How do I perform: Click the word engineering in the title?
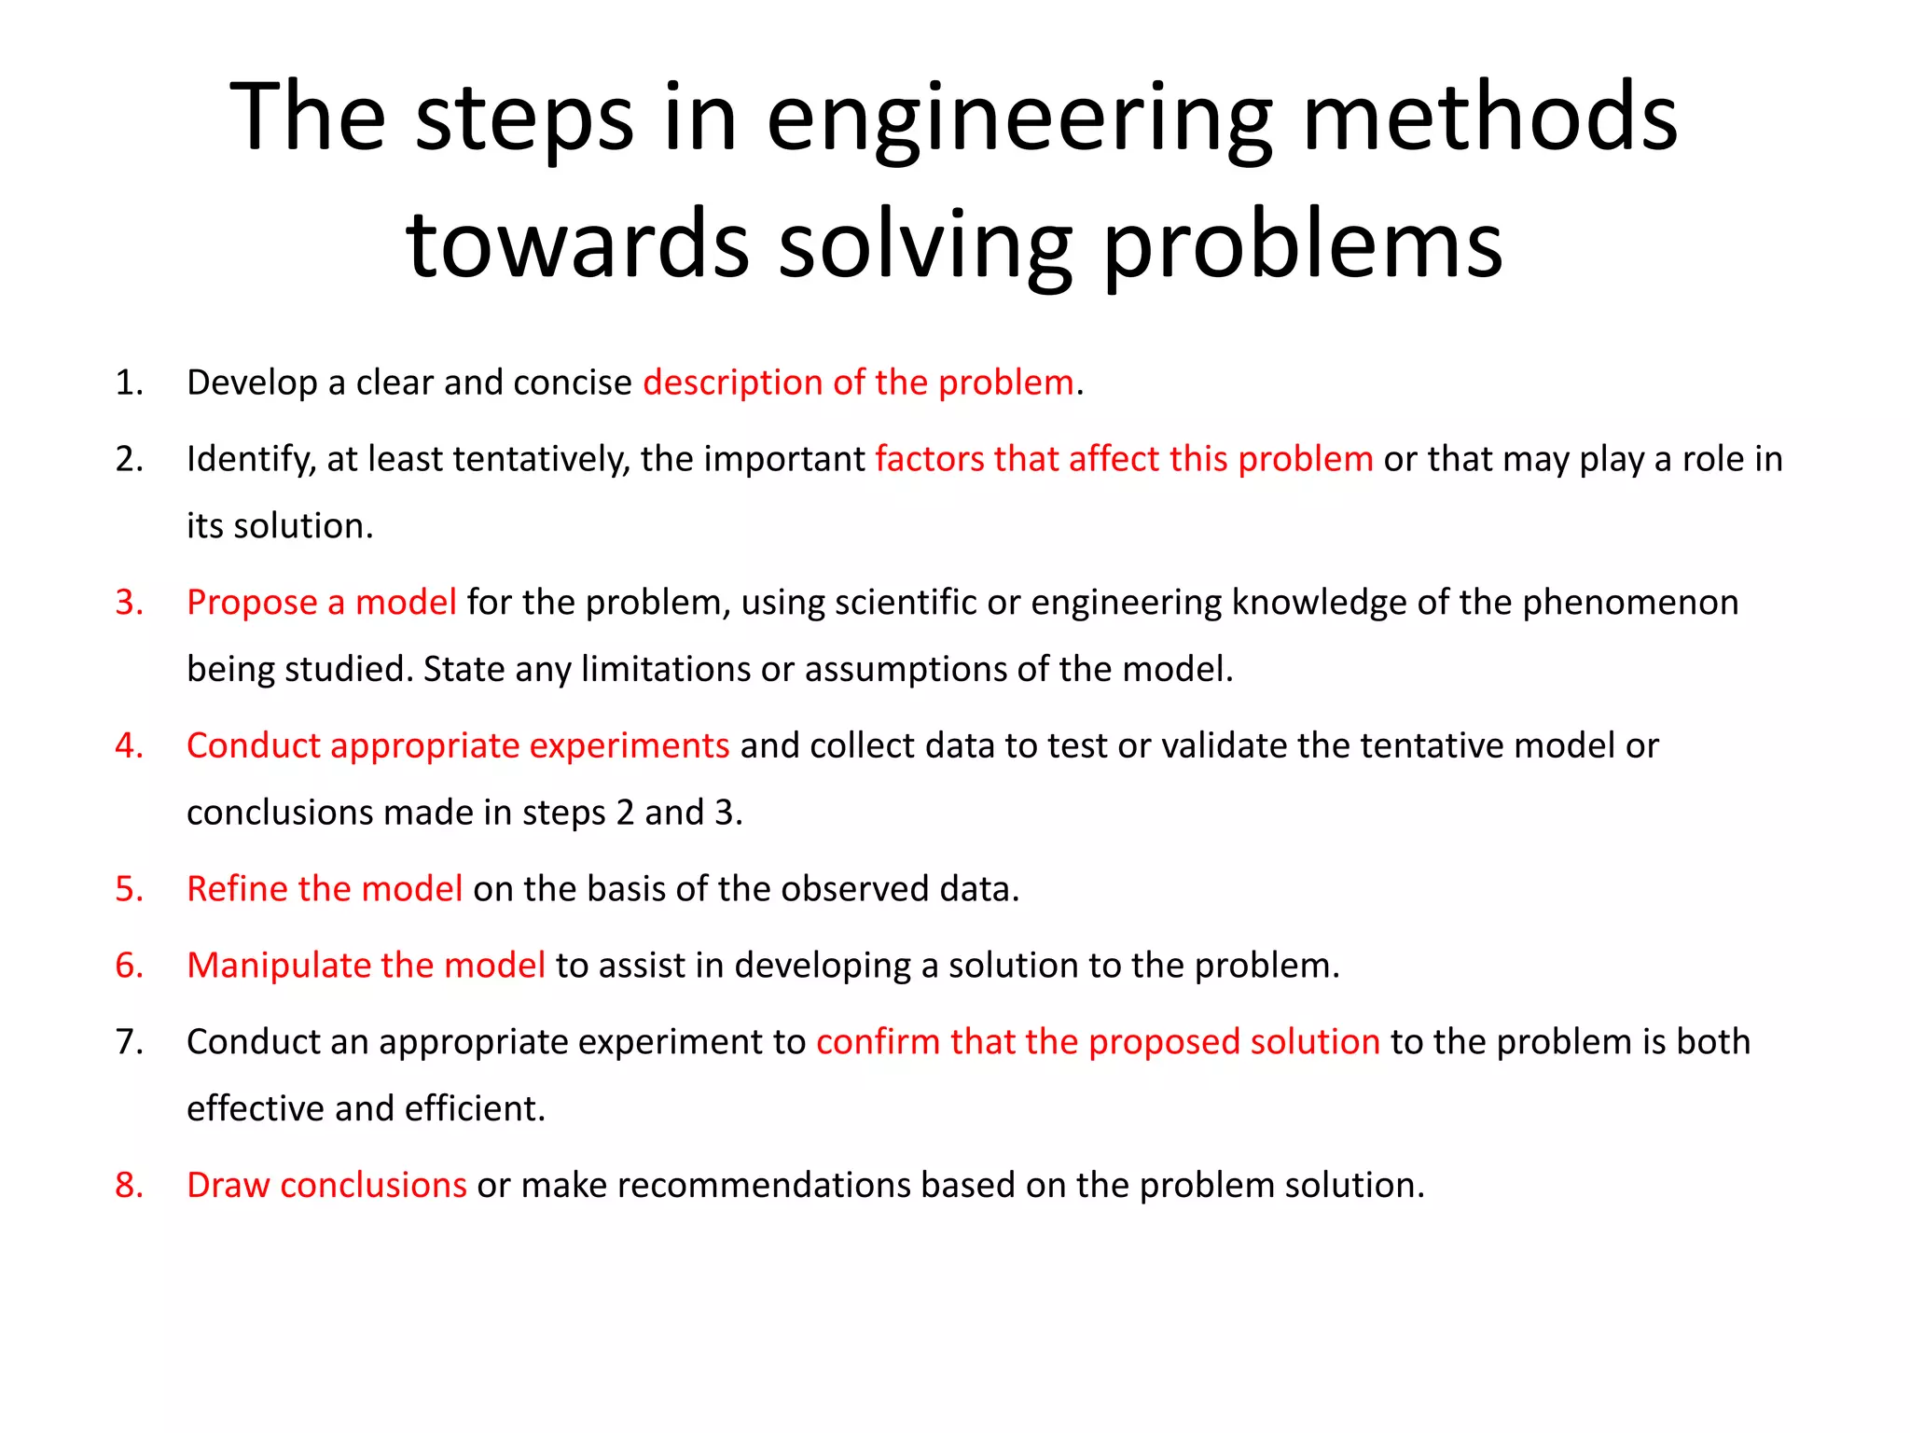point(1019,119)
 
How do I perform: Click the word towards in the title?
point(577,244)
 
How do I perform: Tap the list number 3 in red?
point(129,603)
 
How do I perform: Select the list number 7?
point(129,1042)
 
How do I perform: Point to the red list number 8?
point(129,1185)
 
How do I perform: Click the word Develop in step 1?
point(252,383)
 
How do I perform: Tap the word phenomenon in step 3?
point(1630,603)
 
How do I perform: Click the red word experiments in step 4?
point(630,746)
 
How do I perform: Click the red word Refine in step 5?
point(237,889)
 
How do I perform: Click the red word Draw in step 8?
point(228,1185)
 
